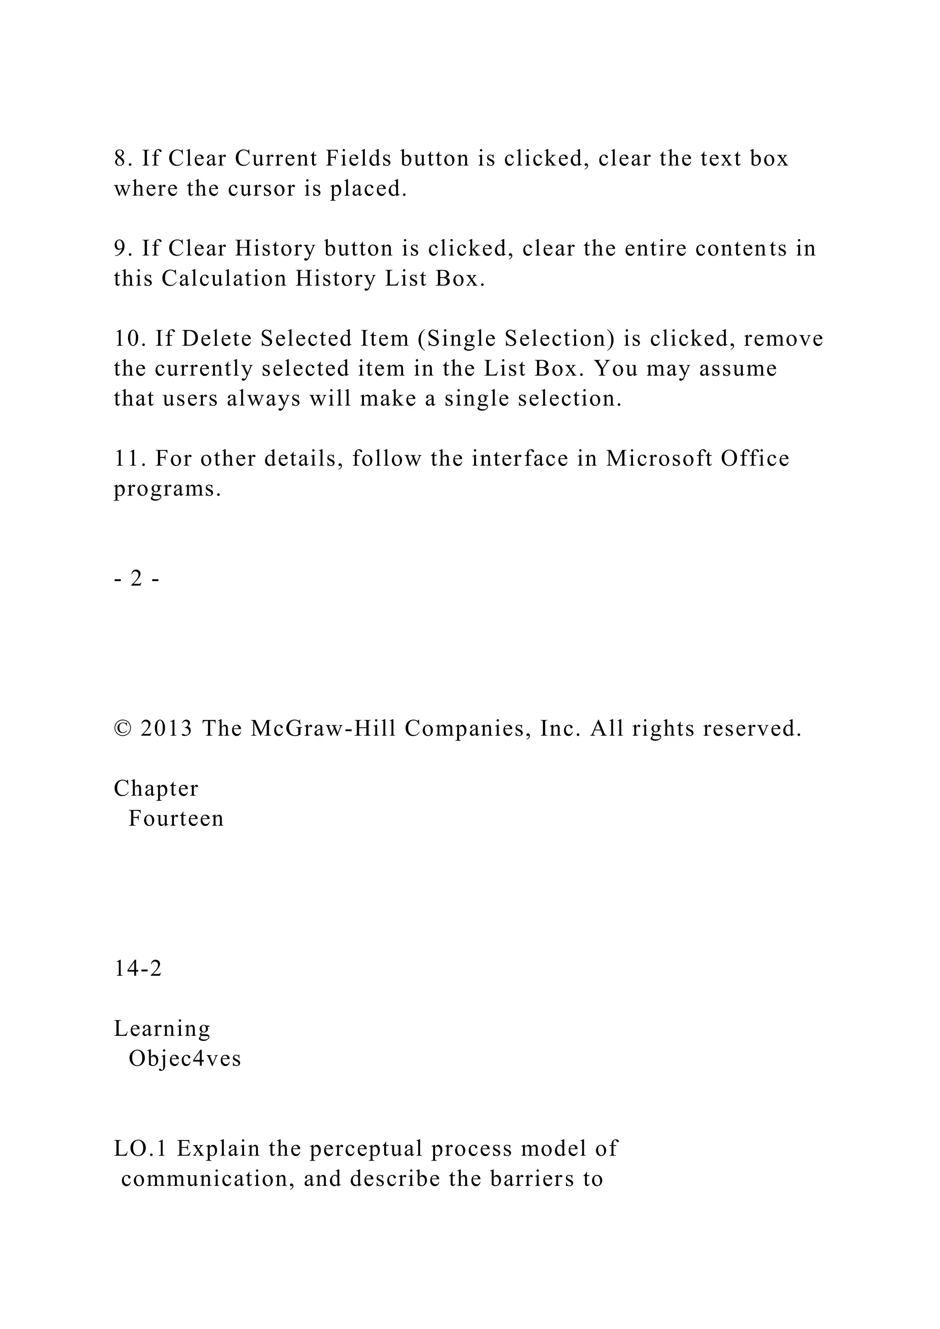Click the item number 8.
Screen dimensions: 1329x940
123,159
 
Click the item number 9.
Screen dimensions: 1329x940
123,249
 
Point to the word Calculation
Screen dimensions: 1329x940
224,279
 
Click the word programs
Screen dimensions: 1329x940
167,490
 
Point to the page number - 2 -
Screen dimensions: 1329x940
137,579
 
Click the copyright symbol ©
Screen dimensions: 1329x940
122,729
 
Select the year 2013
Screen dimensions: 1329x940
167,729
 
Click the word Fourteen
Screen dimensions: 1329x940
176,819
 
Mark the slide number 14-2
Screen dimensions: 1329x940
138,968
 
